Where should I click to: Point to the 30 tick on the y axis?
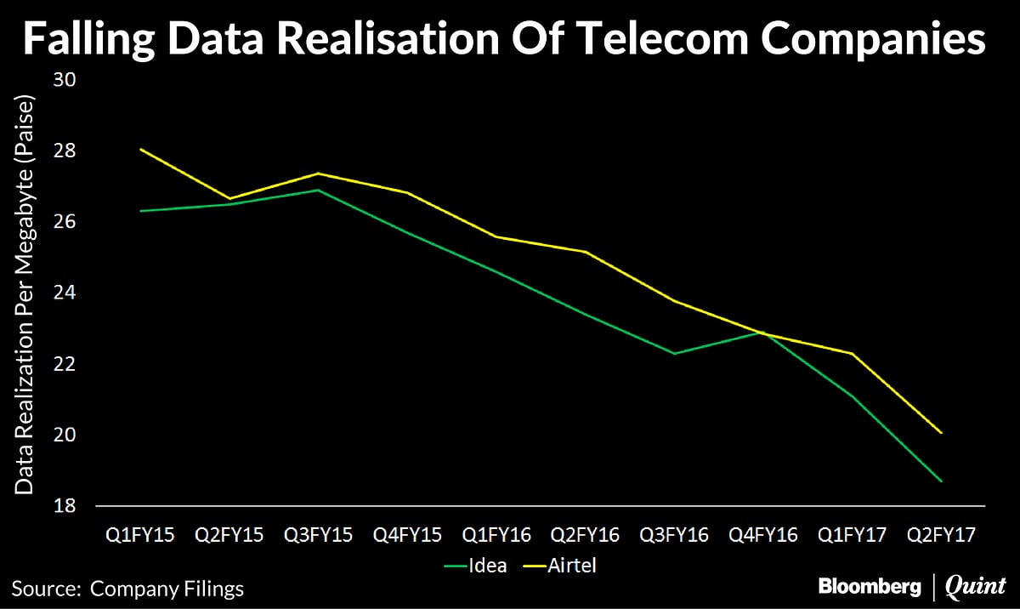coord(65,80)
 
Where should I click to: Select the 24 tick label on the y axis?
coord(65,293)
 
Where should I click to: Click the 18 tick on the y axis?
coord(65,506)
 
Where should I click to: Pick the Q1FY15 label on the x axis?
coord(139,535)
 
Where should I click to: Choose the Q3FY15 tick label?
coord(318,535)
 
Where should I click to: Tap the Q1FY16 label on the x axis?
coord(496,535)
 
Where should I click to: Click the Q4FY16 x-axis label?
coord(763,535)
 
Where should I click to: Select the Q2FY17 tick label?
coord(941,535)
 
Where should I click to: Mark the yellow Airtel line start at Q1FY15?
coord(140,149)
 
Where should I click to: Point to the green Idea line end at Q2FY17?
coord(941,481)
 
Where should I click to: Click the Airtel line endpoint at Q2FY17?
coord(941,433)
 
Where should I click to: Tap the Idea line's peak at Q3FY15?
coord(318,190)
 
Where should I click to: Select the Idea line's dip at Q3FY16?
coord(674,353)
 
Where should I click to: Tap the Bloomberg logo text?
coord(870,586)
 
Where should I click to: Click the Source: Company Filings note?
coord(127,588)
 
